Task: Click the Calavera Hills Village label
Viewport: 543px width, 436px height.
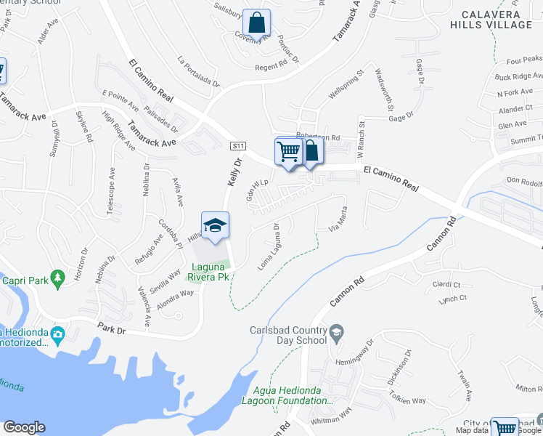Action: [x=495, y=20]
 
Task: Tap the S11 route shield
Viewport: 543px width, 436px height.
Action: [x=237, y=146]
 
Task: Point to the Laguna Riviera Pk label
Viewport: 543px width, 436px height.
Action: [x=208, y=272]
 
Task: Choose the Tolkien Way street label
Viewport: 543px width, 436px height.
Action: [x=407, y=400]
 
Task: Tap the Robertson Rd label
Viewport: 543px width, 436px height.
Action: [x=317, y=136]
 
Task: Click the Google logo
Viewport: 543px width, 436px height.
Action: [x=24, y=427]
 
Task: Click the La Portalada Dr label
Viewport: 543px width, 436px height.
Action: [x=197, y=70]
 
